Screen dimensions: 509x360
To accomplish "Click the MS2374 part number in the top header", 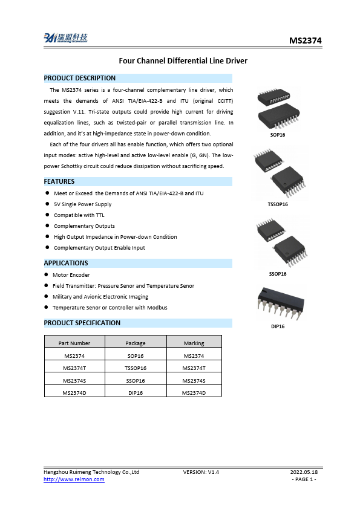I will (305, 41).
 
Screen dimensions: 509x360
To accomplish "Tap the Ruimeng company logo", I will (65, 39).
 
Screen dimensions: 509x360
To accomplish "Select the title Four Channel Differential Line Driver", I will (183, 61).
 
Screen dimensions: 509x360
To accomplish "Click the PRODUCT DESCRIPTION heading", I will (80, 78).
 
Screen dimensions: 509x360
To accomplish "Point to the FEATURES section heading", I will (59, 181).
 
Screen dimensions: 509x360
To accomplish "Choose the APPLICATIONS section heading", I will (66, 263).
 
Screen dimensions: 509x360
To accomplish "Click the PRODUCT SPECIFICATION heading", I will (82, 323).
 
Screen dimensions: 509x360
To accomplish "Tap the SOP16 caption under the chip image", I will (278, 135).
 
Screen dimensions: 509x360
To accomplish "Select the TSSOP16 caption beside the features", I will (278, 204).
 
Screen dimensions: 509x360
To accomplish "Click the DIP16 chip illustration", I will (278, 302).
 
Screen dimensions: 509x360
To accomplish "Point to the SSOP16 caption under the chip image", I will (278, 274).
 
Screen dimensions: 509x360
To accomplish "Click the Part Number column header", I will (75, 343).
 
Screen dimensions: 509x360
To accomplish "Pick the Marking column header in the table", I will (194, 343).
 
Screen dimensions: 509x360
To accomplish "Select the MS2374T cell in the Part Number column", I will (75, 368).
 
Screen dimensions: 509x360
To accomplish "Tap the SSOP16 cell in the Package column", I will (136, 380).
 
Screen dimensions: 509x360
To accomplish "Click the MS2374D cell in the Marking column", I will (194, 393).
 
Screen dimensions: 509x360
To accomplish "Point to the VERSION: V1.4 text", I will (201, 472).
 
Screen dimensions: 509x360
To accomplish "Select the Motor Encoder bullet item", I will (71, 275).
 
